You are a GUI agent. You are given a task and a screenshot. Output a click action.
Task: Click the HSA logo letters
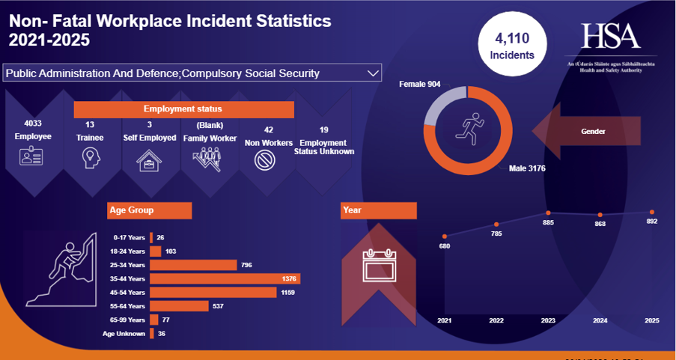[611, 35]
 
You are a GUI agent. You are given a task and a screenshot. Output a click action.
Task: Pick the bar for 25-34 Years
[193, 265]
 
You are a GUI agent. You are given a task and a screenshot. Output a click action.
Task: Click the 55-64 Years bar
[180, 305]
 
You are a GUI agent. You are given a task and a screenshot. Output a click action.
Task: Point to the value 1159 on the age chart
[288, 292]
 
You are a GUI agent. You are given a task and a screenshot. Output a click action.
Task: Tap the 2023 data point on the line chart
[548, 213]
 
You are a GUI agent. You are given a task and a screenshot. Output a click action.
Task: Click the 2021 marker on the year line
[445, 237]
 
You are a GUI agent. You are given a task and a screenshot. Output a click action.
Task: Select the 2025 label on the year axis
[652, 320]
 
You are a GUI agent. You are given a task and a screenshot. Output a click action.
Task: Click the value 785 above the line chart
[496, 234]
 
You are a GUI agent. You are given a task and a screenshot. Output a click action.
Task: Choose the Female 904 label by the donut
[419, 84]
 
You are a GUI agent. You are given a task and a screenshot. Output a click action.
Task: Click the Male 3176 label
[526, 168]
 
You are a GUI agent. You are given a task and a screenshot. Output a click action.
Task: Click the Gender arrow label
[593, 131]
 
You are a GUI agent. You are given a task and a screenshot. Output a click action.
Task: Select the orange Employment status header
[183, 109]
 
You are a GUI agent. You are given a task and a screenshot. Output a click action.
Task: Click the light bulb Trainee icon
[90, 158]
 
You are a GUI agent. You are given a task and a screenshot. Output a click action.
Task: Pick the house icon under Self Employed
[149, 159]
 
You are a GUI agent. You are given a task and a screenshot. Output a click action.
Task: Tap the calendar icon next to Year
[378, 263]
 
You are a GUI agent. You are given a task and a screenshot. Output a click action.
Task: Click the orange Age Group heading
[150, 210]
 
